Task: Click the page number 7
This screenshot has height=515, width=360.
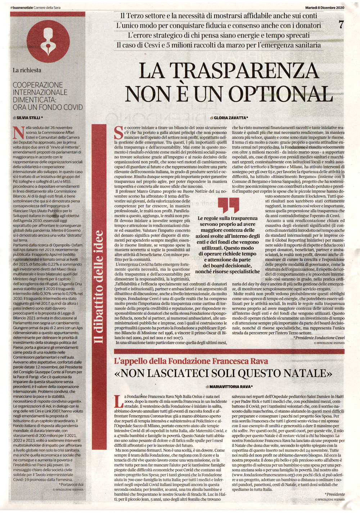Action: [341, 25]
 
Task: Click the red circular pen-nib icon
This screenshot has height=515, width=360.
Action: [48, 40]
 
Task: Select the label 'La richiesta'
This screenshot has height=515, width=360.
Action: [27, 70]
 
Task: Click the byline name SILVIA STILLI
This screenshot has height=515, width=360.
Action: [28, 118]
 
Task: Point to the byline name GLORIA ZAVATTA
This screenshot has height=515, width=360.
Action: [231, 118]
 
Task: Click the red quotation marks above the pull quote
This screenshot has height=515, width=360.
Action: [229, 205]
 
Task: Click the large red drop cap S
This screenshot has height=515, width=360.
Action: [118, 132]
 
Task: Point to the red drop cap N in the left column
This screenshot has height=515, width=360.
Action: [16, 132]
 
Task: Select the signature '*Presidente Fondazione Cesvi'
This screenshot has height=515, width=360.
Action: [319, 338]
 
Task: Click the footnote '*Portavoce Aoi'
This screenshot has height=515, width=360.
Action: [72, 484]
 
